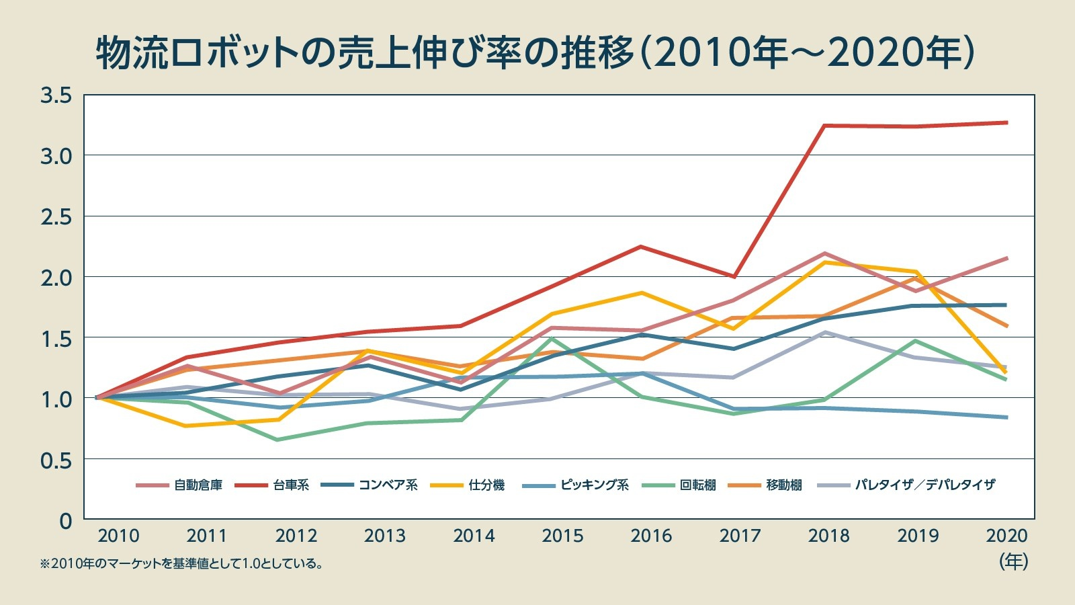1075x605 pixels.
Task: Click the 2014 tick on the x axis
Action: [474, 536]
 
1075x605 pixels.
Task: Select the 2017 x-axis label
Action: [740, 536]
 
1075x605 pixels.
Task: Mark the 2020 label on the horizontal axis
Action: [1006, 536]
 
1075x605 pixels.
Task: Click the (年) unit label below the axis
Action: [1013, 561]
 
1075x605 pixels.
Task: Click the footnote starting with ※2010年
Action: [181, 564]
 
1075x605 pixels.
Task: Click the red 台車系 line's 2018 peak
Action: [825, 126]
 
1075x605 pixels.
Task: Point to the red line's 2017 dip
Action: [735, 276]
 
